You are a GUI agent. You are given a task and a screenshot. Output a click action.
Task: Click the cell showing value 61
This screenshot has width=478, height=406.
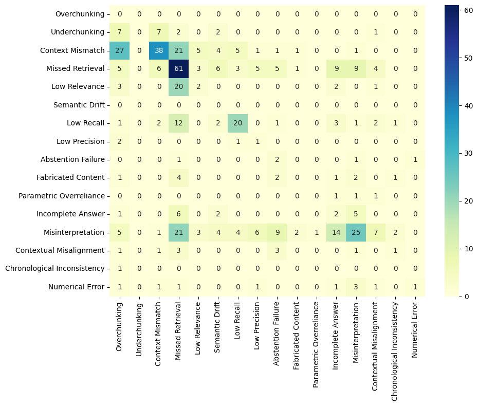pos(178,68)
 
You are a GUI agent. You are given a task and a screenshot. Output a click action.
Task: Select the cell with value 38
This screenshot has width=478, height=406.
pos(159,50)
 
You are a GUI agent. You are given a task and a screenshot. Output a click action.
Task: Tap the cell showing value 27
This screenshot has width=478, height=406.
pos(119,50)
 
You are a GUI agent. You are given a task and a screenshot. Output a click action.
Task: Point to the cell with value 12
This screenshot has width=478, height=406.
pos(178,123)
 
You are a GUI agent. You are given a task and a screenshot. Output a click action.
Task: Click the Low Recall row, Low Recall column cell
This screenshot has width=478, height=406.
pos(237,123)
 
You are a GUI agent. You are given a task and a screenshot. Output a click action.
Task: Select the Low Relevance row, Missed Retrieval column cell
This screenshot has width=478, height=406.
pos(178,87)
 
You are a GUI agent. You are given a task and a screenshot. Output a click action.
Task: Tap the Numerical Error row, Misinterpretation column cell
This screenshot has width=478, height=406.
pos(356,287)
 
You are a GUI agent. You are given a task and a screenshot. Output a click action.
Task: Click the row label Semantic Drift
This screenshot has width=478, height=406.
pos(79,105)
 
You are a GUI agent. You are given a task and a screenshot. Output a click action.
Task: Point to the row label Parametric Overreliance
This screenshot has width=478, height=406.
pos(62,196)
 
